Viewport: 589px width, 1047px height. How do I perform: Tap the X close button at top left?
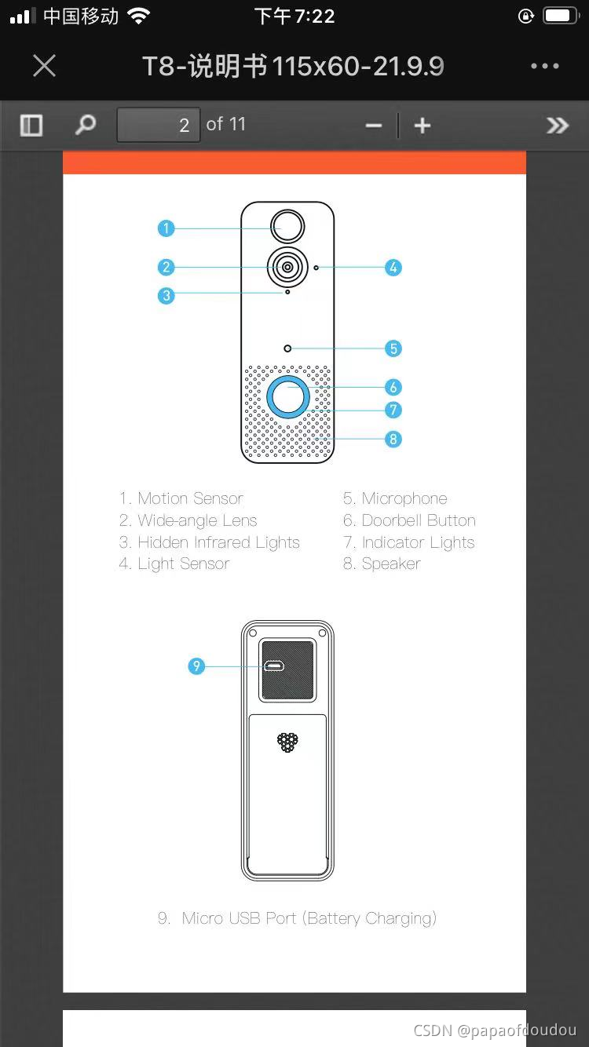[45, 66]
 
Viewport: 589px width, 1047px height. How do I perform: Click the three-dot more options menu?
[544, 66]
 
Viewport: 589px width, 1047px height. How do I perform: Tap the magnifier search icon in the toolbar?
[86, 125]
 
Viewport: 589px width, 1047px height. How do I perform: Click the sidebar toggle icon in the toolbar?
[31, 125]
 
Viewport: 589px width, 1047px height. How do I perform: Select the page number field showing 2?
[159, 125]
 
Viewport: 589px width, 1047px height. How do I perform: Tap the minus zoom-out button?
[374, 126]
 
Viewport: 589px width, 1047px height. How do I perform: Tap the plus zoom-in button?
[423, 126]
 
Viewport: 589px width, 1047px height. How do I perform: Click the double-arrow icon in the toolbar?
[557, 126]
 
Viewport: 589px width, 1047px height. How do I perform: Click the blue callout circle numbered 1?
[166, 228]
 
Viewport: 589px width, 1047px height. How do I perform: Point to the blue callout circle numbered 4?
[393, 268]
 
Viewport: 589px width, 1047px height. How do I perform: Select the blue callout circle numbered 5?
[393, 348]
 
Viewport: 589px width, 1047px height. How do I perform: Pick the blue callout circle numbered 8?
[393, 439]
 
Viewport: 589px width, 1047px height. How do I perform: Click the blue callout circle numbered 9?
[196, 666]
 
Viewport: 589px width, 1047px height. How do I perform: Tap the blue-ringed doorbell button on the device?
[287, 397]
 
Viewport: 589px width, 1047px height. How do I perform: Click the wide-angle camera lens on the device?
[287, 268]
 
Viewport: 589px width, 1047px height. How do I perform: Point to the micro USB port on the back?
[274, 666]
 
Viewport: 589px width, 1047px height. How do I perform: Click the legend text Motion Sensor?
[190, 498]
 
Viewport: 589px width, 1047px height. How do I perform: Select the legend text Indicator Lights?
[418, 542]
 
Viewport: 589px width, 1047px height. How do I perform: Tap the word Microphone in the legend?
[404, 498]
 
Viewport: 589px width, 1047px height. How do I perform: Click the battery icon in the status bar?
[561, 16]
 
